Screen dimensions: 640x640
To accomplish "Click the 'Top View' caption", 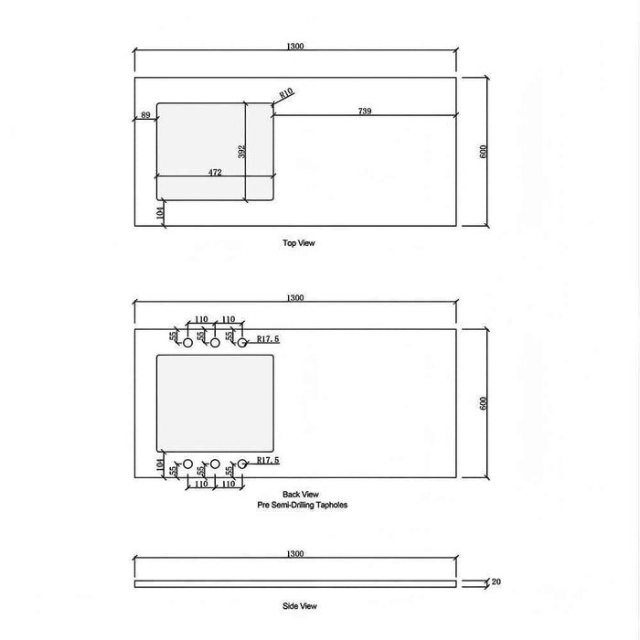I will [x=299, y=244].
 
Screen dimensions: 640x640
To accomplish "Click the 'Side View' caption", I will [x=299, y=605].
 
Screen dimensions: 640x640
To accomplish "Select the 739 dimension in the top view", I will [x=365, y=111].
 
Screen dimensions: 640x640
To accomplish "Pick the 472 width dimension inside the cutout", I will [x=215, y=171].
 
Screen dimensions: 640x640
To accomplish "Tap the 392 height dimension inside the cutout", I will [x=241, y=152].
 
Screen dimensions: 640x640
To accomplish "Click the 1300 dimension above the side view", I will [x=294, y=554].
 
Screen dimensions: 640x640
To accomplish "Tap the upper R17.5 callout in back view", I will [x=267, y=338].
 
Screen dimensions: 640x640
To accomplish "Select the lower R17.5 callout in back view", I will [x=267, y=461].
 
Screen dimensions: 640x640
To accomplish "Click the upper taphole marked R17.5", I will [x=243, y=343].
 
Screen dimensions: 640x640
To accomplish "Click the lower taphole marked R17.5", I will [x=243, y=464].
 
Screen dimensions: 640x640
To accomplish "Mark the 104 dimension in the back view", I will [x=160, y=464].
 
